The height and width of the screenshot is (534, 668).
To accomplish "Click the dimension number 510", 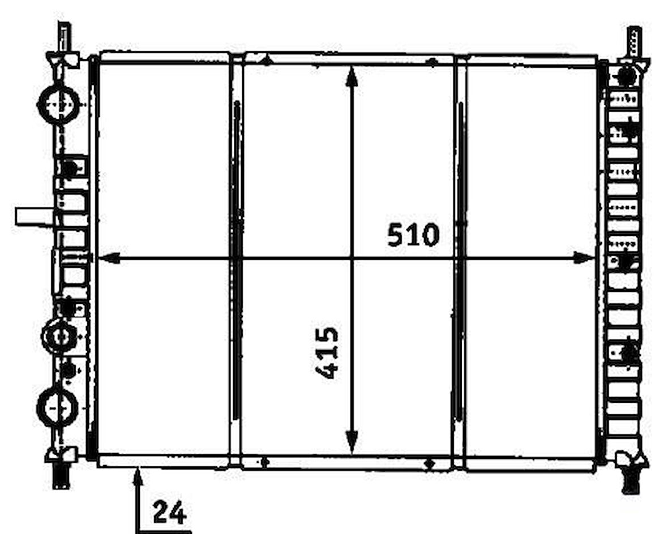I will click(413, 235).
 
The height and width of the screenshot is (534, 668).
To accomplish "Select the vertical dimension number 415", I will click(327, 352).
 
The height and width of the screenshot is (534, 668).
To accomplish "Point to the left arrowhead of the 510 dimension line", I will click(108, 259).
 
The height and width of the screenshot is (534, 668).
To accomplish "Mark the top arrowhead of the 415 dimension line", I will click(352, 76).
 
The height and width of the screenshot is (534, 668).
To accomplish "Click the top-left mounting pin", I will click(64, 37).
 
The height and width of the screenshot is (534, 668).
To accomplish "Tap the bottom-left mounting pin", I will click(61, 475).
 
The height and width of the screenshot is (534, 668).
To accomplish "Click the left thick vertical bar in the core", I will click(236, 260).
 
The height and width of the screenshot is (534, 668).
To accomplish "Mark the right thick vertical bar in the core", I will click(460, 260).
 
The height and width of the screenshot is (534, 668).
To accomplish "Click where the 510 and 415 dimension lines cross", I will click(352, 259).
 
